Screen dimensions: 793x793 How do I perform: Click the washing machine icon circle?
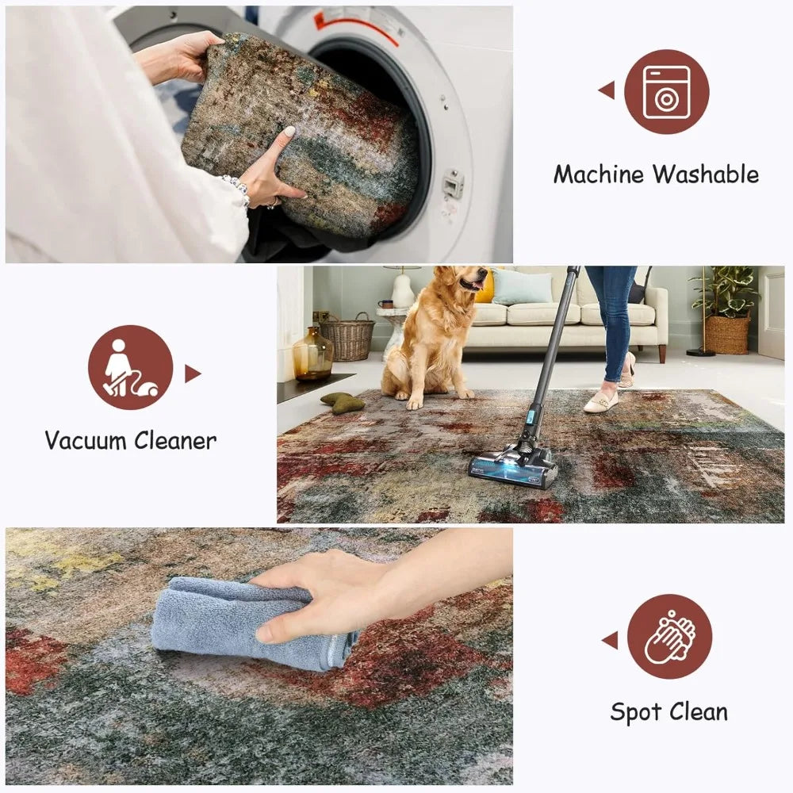click(x=666, y=91)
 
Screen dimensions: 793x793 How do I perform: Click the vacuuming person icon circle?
click(x=130, y=367)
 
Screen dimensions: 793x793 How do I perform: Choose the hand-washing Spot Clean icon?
click(x=669, y=637)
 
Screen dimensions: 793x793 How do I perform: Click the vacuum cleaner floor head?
click(x=514, y=467)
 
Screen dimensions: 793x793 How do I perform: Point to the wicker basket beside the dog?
click(x=347, y=337)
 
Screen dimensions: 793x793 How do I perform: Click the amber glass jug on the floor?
click(x=312, y=354)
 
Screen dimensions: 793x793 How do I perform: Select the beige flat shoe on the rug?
click(x=601, y=403)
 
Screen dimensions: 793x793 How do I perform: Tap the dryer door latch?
click(x=453, y=183)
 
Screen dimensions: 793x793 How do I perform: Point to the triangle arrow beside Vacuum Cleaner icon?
click(x=193, y=373)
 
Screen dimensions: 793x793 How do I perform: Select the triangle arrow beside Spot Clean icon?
click(x=610, y=640)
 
